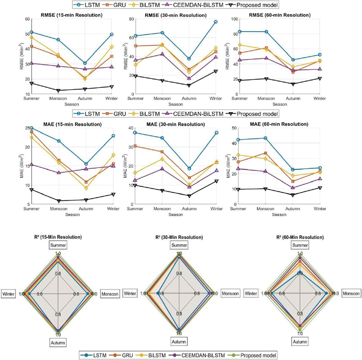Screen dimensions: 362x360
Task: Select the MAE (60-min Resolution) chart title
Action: [x=279, y=124]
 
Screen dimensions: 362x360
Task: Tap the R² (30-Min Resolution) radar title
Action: [x=179, y=237]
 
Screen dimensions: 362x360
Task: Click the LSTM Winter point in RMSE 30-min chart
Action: [x=216, y=22]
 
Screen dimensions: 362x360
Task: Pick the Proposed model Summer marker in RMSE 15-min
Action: [x=32, y=83]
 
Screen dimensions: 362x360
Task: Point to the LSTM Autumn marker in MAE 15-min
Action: [x=86, y=164]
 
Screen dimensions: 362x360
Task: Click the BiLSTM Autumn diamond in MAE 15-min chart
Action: [x=86, y=188]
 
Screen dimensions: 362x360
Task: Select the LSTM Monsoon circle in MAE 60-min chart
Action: [x=265, y=138]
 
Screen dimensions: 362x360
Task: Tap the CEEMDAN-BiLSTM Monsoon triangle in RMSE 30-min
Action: [x=162, y=54]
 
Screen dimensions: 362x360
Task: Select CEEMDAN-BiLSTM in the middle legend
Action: [x=198, y=114]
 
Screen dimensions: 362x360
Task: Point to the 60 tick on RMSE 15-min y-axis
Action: [x=27, y=19]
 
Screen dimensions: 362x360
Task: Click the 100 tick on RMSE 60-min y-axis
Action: [x=234, y=19]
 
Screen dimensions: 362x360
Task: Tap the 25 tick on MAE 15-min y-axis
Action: [x=28, y=128]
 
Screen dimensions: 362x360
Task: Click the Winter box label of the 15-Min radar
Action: [x=8, y=294]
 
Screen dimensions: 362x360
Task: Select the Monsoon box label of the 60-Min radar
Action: [x=351, y=294]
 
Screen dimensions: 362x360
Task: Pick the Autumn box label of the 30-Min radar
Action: [x=179, y=341]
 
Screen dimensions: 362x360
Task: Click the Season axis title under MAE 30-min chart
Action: [x=176, y=215]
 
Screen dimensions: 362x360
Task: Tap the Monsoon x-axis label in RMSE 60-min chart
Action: [x=266, y=99]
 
